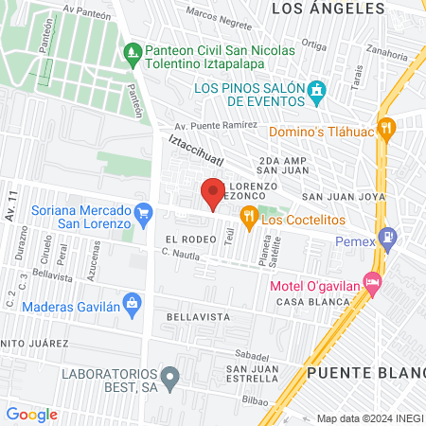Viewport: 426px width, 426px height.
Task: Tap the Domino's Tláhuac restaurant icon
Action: [385, 129]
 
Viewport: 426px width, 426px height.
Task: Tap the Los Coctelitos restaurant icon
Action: [248, 216]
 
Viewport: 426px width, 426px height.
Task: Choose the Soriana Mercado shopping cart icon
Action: [143, 211]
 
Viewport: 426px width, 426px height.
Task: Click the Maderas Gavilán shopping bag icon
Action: [133, 303]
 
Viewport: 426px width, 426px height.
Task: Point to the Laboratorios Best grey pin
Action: [169, 380]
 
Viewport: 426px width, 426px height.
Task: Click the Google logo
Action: [31, 414]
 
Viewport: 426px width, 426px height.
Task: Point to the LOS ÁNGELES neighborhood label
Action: [328, 9]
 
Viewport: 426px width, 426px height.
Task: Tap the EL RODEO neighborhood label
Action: [185, 240]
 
